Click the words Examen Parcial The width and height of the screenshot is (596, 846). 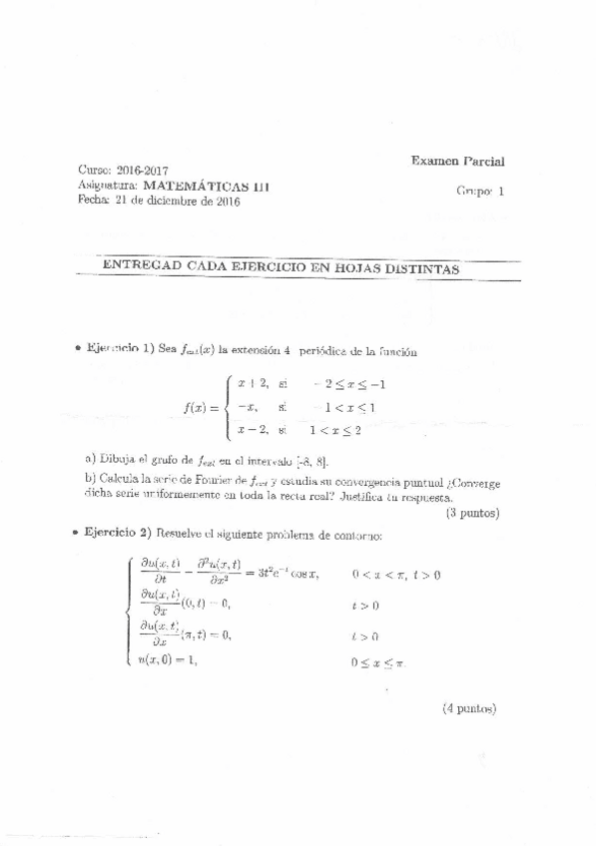(457, 160)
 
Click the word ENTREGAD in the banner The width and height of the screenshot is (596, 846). (142, 268)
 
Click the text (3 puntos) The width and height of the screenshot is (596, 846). (469, 514)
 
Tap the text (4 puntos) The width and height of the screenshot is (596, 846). (468, 709)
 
